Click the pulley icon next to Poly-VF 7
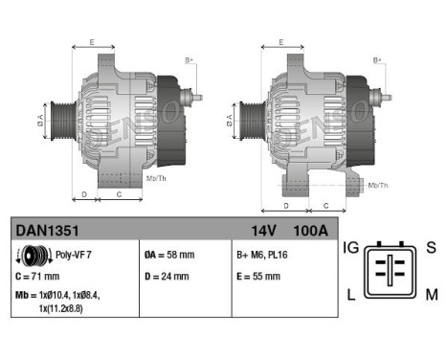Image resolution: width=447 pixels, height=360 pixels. (34, 256)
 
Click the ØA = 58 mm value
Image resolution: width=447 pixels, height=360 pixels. (169, 256)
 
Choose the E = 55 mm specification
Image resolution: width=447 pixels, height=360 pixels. (258, 277)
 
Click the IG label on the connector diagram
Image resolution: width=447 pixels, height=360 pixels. (352, 248)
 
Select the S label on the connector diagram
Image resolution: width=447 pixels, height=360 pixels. (431, 248)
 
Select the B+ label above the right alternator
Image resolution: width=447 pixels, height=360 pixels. (377, 60)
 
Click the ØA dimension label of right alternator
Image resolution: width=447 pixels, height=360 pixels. (230, 121)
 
